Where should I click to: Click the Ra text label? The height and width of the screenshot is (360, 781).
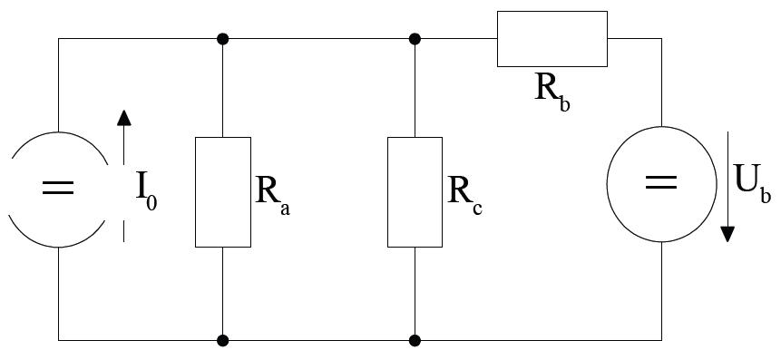(x=272, y=195)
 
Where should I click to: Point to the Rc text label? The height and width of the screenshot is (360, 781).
(x=464, y=195)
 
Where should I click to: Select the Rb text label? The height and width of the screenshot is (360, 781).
(x=552, y=94)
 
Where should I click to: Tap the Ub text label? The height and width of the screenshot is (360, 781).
(x=753, y=185)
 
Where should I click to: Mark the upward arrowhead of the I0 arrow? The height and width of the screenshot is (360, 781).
(x=124, y=118)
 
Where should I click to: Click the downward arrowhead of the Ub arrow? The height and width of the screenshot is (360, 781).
(x=728, y=234)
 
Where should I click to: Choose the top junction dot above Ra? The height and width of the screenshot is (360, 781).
(x=222, y=38)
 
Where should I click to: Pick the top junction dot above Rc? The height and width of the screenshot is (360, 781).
(x=415, y=38)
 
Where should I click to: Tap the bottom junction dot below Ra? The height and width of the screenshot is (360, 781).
(x=222, y=341)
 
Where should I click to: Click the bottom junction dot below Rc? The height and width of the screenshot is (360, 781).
(x=415, y=341)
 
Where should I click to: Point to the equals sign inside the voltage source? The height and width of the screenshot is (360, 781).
(x=661, y=182)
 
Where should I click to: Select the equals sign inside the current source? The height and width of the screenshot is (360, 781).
(x=58, y=188)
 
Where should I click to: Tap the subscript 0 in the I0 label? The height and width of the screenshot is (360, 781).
(x=151, y=203)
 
